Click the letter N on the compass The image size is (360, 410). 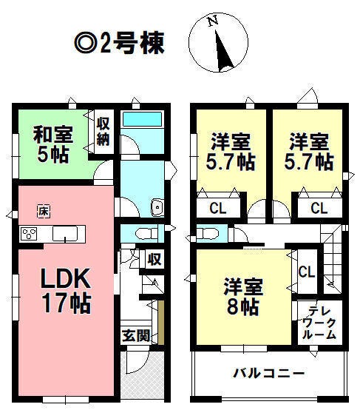(x=214, y=21)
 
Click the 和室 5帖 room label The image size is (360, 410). (x=52, y=144)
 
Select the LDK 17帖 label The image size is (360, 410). (x=67, y=291)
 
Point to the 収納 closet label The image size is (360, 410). (x=103, y=132)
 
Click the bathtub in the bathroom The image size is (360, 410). (x=142, y=118)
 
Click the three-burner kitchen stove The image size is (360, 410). (x=29, y=234)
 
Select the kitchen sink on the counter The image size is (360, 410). (x=65, y=234)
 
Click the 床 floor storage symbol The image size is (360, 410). (x=44, y=211)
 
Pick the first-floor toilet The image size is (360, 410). (x=147, y=233)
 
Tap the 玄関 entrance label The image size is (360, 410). (x=136, y=335)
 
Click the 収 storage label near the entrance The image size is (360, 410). (x=154, y=259)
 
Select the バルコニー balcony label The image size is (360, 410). (x=268, y=373)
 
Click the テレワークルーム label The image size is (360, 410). (x=319, y=323)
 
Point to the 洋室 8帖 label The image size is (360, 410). (x=243, y=296)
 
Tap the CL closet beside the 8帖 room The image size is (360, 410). (x=307, y=272)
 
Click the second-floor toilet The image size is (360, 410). (x=208, y=233)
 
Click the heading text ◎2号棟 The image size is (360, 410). (x=120, y=44)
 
